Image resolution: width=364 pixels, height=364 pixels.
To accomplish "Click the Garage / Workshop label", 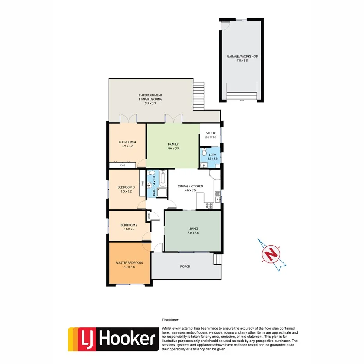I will point(242,57).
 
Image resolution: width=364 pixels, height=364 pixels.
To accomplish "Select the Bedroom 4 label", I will point(127,142).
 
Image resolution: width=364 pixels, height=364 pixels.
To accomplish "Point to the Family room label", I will point(173,144).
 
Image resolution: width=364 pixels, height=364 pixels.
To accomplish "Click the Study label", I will point(211,133).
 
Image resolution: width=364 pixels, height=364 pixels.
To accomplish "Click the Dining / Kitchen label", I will point(190,187).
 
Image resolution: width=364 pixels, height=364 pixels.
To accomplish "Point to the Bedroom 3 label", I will point(126,187).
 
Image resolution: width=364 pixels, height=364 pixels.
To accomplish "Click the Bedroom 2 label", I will point(129,225).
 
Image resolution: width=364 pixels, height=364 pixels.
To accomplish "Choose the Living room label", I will point(193,229).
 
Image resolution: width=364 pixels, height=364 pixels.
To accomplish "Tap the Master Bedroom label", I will point(129,263).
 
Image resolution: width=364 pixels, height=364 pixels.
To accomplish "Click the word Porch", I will point(185,266).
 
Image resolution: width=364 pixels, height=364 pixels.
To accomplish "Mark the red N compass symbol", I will point(271,254).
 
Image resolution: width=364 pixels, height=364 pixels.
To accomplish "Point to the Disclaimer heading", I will point(170,319).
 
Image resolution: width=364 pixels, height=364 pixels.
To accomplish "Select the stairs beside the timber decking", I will point(199,96).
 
